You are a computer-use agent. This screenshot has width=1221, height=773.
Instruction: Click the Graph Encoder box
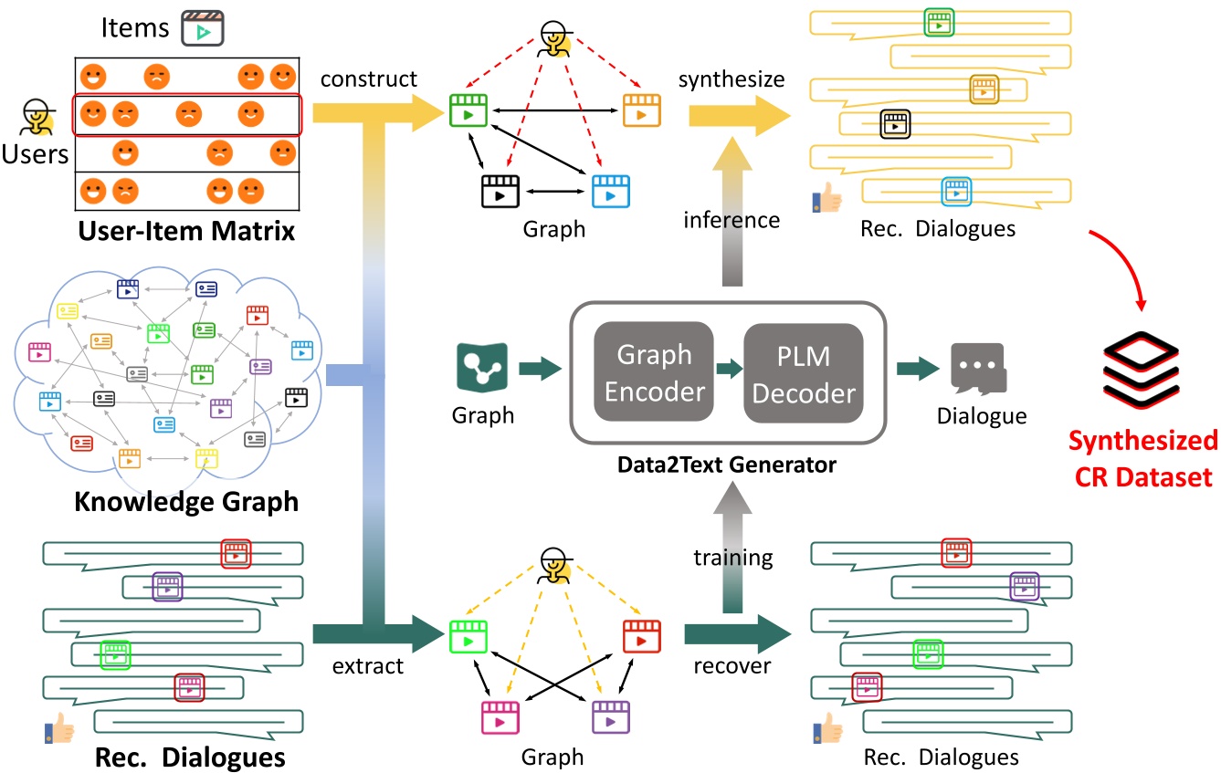click(x=655, y=372)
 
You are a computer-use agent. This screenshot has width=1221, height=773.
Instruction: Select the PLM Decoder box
click(x=804, y=372)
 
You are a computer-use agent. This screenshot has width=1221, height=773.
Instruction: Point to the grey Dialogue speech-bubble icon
click(x=977, y=370)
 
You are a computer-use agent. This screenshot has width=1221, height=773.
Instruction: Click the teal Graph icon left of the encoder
click(x=482, y=370)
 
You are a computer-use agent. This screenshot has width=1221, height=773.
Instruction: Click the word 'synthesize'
click(x=731, y=79)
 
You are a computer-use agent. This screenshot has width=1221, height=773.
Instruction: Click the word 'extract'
click(x=368, y=665)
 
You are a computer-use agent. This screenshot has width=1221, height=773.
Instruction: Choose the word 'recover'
click(x=732, y=665)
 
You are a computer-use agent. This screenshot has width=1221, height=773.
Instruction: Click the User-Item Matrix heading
click(x=185, y=230)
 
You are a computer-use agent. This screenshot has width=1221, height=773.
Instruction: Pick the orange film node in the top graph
click(x=641, y=110)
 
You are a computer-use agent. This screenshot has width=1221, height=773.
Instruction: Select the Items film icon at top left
click(x=203, y=29)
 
